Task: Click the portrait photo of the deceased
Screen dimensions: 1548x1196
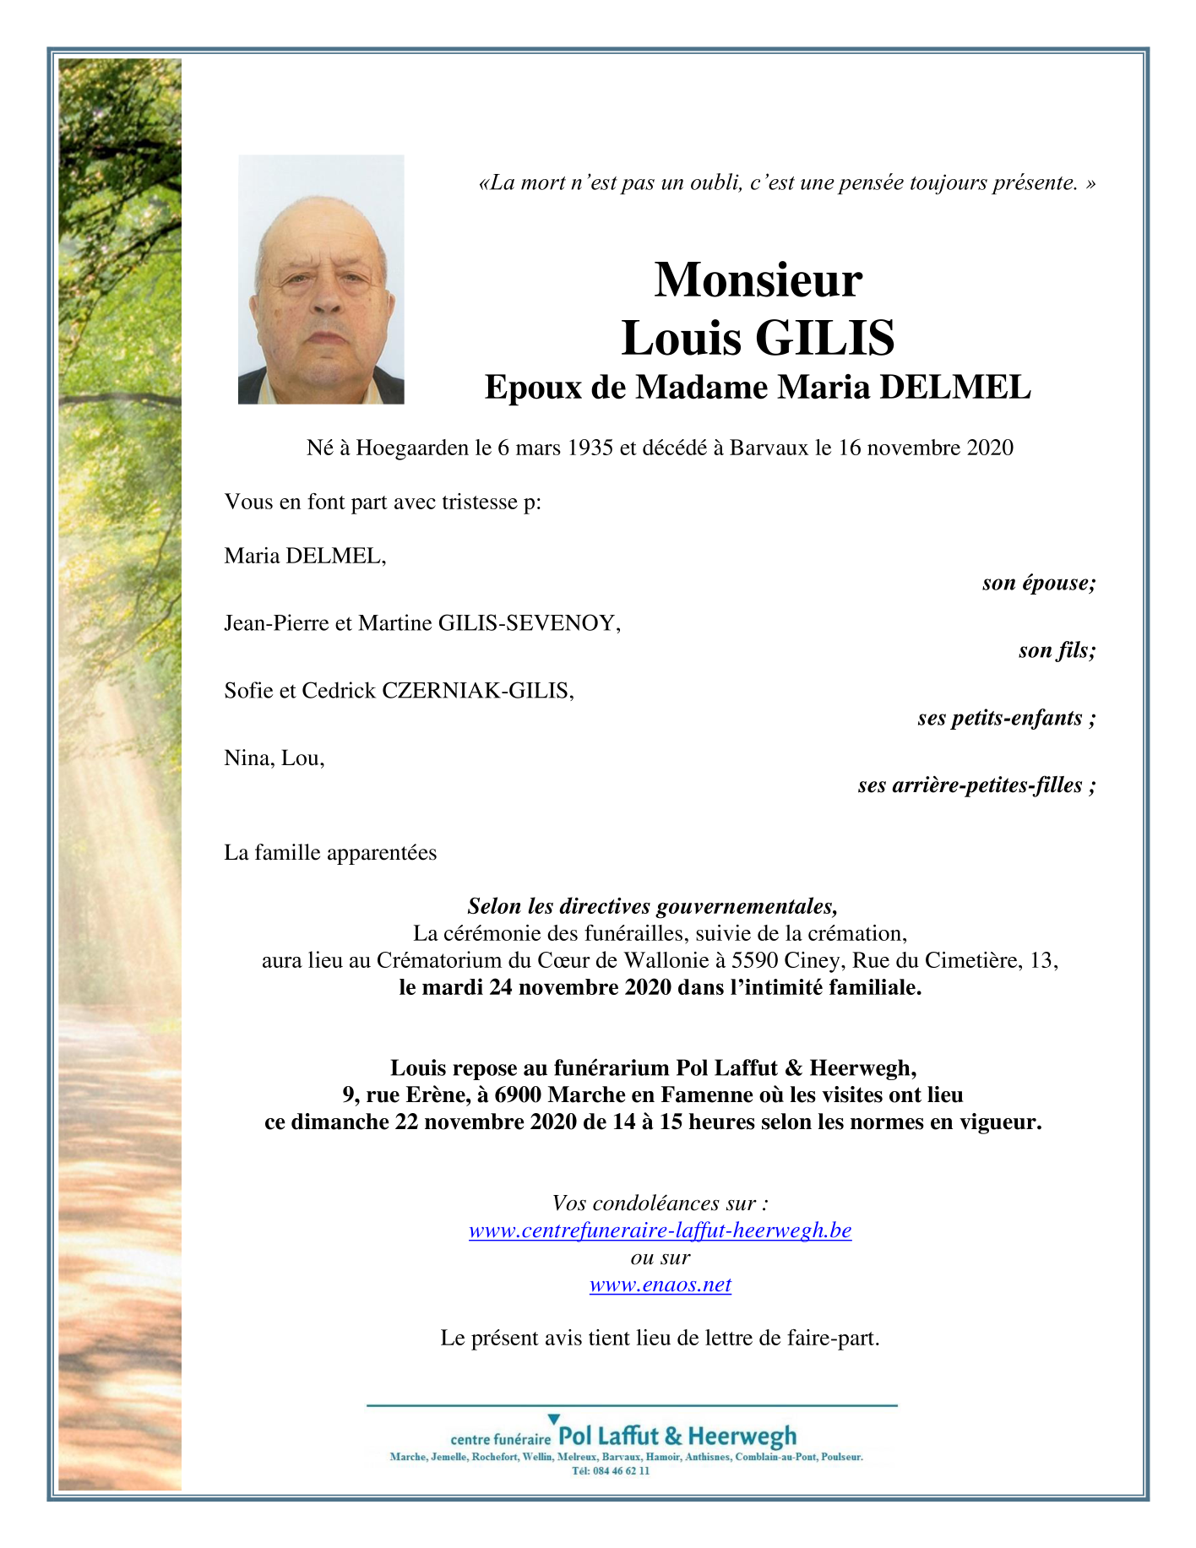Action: coord(321,280)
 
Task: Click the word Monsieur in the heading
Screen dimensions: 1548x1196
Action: coord(758,280)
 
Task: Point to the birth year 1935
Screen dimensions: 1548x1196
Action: coord(590,448)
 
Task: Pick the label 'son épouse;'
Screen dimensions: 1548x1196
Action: coord(1038,583)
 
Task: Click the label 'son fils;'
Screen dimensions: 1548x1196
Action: coord(1057,650)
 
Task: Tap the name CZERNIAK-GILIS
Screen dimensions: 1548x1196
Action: coord(478,691)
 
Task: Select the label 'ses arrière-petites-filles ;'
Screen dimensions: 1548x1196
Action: coord(976,785)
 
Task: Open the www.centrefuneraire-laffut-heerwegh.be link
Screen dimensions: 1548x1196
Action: coord(660,1230)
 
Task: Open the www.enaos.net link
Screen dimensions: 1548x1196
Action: coord(660,1285)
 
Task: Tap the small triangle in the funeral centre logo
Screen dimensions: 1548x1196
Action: coord(554,1419)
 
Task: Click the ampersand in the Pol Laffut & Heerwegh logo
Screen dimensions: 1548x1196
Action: coord(673,1437)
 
